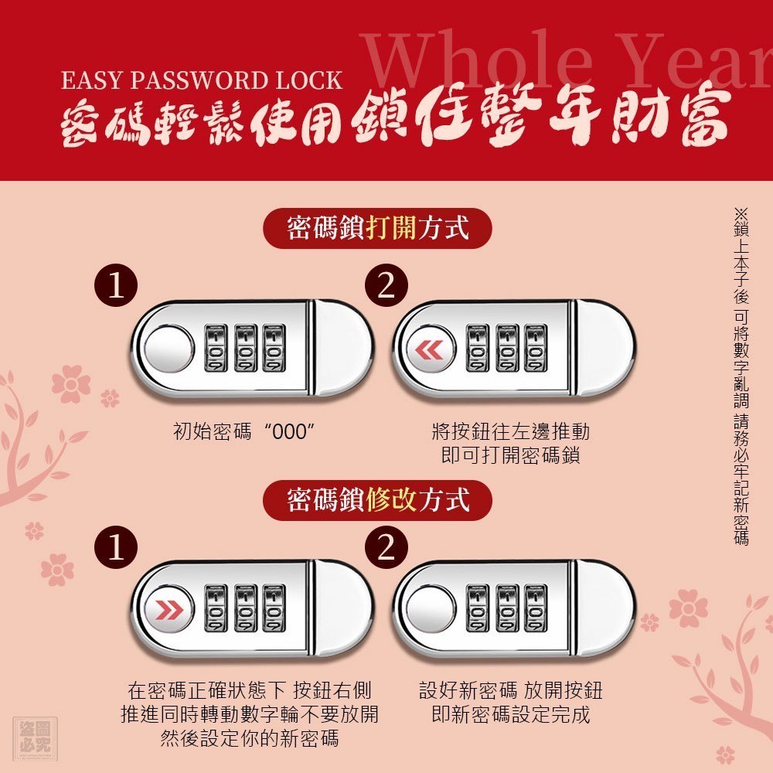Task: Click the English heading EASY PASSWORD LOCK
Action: tap(202, 80)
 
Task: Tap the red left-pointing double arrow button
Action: tap(430, 349)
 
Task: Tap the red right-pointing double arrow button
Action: tap(169, 610)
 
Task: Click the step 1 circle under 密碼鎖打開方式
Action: tap(116, 285)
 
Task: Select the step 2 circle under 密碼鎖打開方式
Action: tap(386, 285)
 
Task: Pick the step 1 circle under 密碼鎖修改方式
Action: tap(116, 547)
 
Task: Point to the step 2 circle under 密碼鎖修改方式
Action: tap(386, 547)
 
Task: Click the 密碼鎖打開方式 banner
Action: tap(378, 228)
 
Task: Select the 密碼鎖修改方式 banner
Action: tap(378, 500)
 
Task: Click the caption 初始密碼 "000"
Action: tap(244, 432)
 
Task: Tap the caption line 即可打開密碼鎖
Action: tap(510, 455)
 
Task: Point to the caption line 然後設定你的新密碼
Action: tap(250, 738)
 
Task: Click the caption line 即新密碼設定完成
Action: tap(511, 714)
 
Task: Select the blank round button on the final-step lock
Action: tap(431, 609)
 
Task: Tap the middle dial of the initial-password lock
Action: tap(246, 348)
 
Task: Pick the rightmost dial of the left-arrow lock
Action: tap(536, 348)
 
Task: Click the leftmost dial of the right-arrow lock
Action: tap(216, 608)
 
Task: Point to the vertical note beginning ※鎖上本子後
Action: tap(741, 377)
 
